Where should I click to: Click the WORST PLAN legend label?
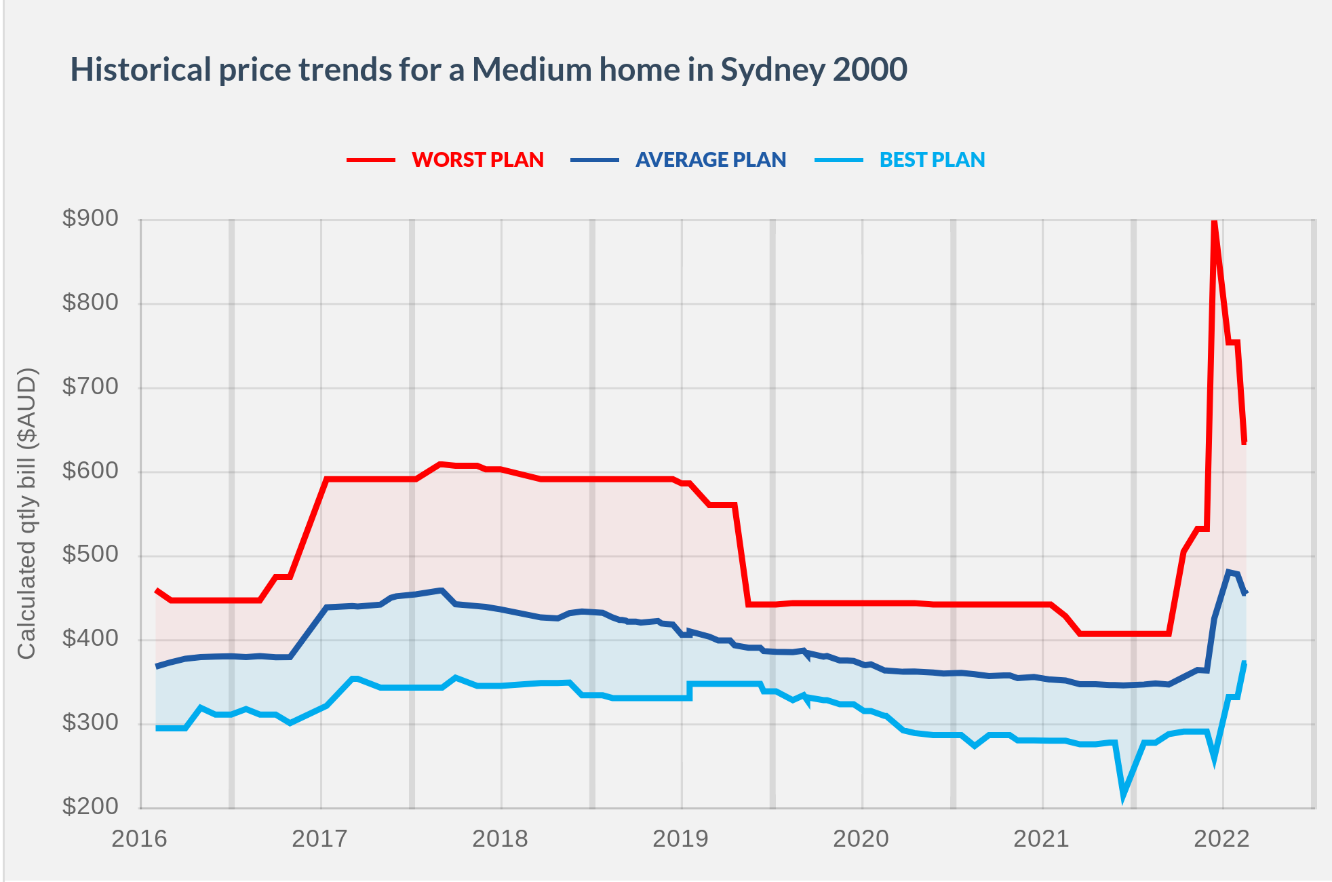477,159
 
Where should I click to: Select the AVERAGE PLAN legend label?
710,159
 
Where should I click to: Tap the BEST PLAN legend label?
932,159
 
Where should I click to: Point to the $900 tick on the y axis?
90,218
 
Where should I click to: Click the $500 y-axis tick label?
90,554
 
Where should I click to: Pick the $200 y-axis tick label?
90,806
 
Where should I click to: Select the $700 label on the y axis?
90,387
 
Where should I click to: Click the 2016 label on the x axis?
139,839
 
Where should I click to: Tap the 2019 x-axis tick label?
680,839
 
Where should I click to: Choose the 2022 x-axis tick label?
1221,839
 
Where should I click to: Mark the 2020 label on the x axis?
861,839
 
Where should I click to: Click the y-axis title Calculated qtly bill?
26,514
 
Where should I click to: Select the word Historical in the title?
141,70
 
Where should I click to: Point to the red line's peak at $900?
1214,223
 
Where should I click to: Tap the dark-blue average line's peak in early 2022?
1228,572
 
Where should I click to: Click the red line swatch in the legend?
371,160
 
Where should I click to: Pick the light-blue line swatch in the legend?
839,160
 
